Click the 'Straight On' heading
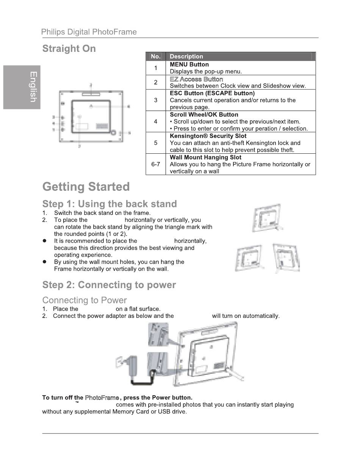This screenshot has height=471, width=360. [x=69, y=49]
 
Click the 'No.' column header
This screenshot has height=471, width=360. [x=155, y=56]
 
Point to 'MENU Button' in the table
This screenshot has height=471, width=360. [x=189, y=64]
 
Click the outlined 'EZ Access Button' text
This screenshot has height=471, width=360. [x=196, y=79]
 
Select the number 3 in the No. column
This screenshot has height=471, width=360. [x=155, y=100]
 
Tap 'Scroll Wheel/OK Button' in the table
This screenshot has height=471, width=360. [x=204, y=114]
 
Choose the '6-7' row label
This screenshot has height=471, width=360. [x=155, y=164]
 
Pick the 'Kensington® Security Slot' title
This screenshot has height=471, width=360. [x=208, y=136]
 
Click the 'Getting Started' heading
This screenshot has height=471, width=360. [x=86, y=187]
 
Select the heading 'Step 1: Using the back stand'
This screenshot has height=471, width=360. [x=110, y=204]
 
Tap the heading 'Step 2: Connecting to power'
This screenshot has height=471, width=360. [x=109, y=285]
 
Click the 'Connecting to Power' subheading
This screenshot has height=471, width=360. [x=85, y=300]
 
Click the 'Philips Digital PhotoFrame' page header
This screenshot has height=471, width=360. [x=89, y=32]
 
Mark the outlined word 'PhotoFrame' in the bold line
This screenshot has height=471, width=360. [x=102, y=398]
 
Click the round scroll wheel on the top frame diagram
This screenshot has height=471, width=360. [x=113, y=133]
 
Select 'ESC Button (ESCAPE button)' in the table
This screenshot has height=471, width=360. [x=212, y=93]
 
